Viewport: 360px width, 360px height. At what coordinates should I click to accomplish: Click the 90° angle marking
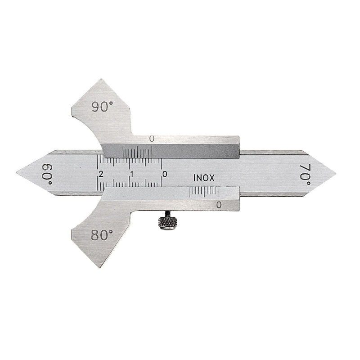pos(102,107)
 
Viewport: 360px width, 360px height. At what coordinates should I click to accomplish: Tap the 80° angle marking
pos(102,235)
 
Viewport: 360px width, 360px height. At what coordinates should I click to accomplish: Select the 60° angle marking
pos(47,174)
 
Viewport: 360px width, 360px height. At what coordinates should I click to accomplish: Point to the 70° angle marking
pos(306,175)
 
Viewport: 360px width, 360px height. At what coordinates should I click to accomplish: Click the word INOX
pos(204,178)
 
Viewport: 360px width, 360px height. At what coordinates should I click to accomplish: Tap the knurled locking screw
pos(167,223)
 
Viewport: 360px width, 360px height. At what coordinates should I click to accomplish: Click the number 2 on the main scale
pos(100,174)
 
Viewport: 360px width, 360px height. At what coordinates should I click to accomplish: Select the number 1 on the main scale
pos(132,174)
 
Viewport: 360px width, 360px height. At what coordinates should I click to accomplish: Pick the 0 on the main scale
pos(165,174)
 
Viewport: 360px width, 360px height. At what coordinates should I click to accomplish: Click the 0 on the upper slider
pos(151,139)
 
